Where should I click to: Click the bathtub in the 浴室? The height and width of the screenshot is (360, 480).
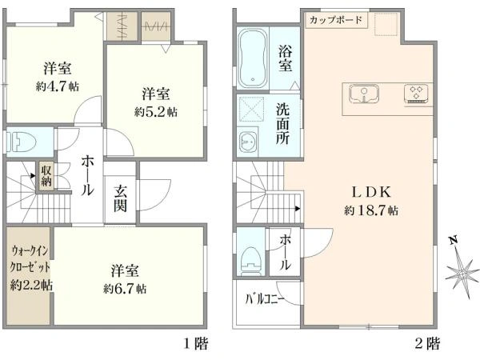(x=253, y=58)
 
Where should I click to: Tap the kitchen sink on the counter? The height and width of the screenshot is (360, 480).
(x=364, y=94)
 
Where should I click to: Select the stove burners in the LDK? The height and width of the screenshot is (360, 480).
(x=416, y=93)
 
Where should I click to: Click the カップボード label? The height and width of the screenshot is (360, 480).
(x=336, y=21)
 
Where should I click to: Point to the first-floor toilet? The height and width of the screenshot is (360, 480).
(x=21, y=142)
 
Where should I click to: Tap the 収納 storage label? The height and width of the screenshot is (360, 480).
(x=46, y=175)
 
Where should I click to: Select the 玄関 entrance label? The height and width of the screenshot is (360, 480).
(x=120, y=198)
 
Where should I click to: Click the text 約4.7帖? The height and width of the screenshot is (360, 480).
(x=58, y=86)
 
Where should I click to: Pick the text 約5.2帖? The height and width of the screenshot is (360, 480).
(x=156, y=112)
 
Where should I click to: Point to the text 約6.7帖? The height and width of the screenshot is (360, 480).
(x=125, y=289)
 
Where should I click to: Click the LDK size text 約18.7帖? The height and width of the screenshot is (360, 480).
(x=371, y=210)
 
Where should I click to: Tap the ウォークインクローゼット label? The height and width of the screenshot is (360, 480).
(x=30, y=259)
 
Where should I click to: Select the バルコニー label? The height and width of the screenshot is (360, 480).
(x=265, y=299)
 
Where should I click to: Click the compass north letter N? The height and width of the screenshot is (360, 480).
(x=454, y=240)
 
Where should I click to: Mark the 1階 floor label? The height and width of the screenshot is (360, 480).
(x=196, y=343)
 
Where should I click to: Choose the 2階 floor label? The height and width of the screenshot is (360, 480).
(x=427, y=343)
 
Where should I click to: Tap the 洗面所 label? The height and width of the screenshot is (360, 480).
(x=282, y=124)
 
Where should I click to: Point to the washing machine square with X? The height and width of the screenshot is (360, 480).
(x=251, y=109)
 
